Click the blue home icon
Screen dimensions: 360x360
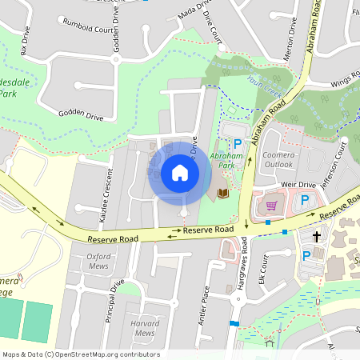(180, 172)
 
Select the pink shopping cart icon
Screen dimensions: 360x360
(271, 206)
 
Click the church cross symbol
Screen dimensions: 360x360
(317, 237)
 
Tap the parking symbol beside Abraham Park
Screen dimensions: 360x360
(237, 142)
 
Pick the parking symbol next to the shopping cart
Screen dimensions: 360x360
(305, 200)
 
